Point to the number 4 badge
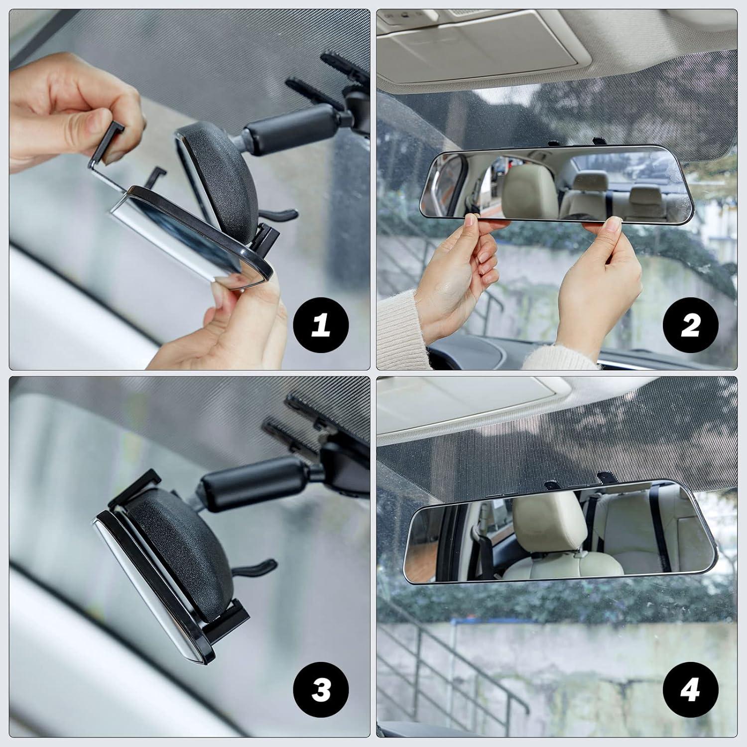click(x=690, y=690)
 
